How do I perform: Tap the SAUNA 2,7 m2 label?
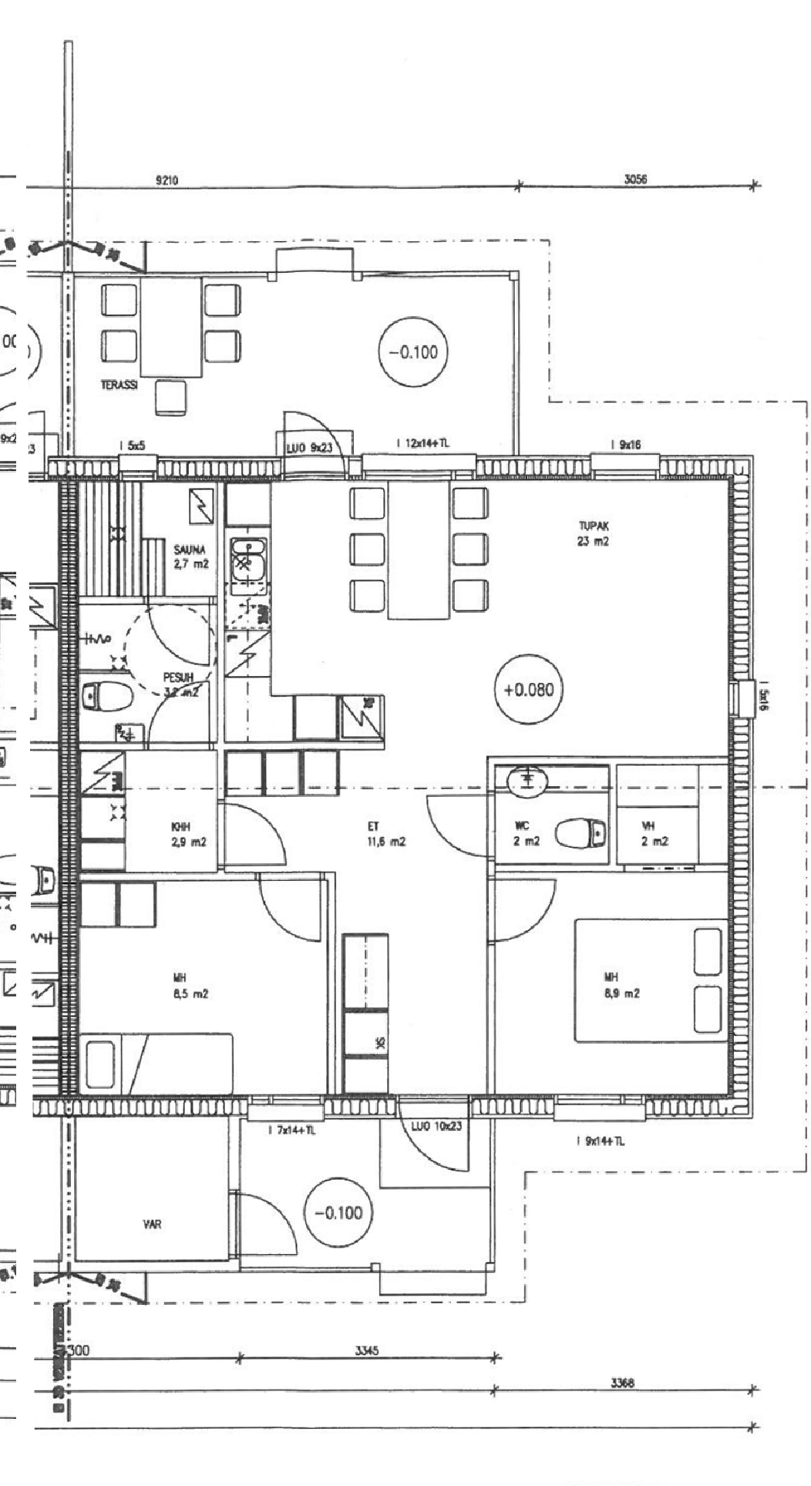[x=190, y=556]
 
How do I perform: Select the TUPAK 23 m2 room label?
[x=594, y=533]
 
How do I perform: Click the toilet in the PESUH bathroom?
[x=106, y=697]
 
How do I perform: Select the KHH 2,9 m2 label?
[x=189, y=835]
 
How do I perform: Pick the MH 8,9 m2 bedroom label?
[x=621, y=986]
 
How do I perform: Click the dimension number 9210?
[x=167, y=180]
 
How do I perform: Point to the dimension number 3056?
[x=635, y=180]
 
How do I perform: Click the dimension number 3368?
[x=621, y=1383]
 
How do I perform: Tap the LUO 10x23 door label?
[x=436, y=1126]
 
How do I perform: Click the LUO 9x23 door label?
[x=308, y=447]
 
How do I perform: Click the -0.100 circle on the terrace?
[x=412, y=352]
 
